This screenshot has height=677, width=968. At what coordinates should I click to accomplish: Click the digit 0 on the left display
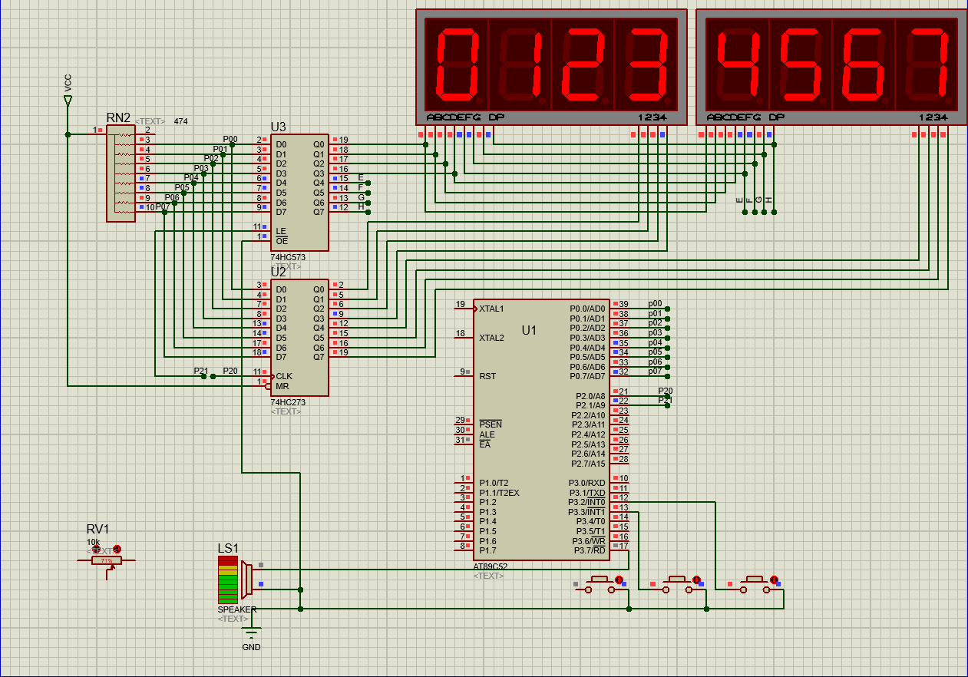tap(457, 65)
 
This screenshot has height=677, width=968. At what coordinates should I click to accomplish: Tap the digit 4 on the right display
tap(738, 65)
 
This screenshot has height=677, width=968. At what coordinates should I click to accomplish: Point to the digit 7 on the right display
tap(927, 65)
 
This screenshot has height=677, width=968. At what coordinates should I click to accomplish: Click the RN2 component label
tap(118, 117)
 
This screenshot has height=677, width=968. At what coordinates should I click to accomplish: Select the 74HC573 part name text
tap(288, 257)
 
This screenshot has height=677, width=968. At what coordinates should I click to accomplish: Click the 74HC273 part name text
tap(288, 401)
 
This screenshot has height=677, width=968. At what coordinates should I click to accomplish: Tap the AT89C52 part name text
tap(491, 566)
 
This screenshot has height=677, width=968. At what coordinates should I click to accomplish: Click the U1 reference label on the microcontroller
tap(530, 330)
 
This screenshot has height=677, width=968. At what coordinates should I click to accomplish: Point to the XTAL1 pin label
tap(491, 309)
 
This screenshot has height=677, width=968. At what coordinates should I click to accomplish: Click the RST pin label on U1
tap(487, 376)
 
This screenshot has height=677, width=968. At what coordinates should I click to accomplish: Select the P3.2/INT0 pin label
tap(586, 502)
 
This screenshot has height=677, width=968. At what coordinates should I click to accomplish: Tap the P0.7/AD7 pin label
tap(587, 376)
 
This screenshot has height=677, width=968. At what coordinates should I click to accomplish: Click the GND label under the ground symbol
tap(251, 647)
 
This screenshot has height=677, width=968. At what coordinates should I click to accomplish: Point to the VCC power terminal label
tap(68, 83)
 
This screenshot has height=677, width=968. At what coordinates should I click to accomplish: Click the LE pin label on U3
tap(281, 230)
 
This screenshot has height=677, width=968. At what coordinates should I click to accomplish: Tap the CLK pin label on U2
tap(284, 376)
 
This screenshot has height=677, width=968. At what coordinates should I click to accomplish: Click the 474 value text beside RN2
tap(180, 121)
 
